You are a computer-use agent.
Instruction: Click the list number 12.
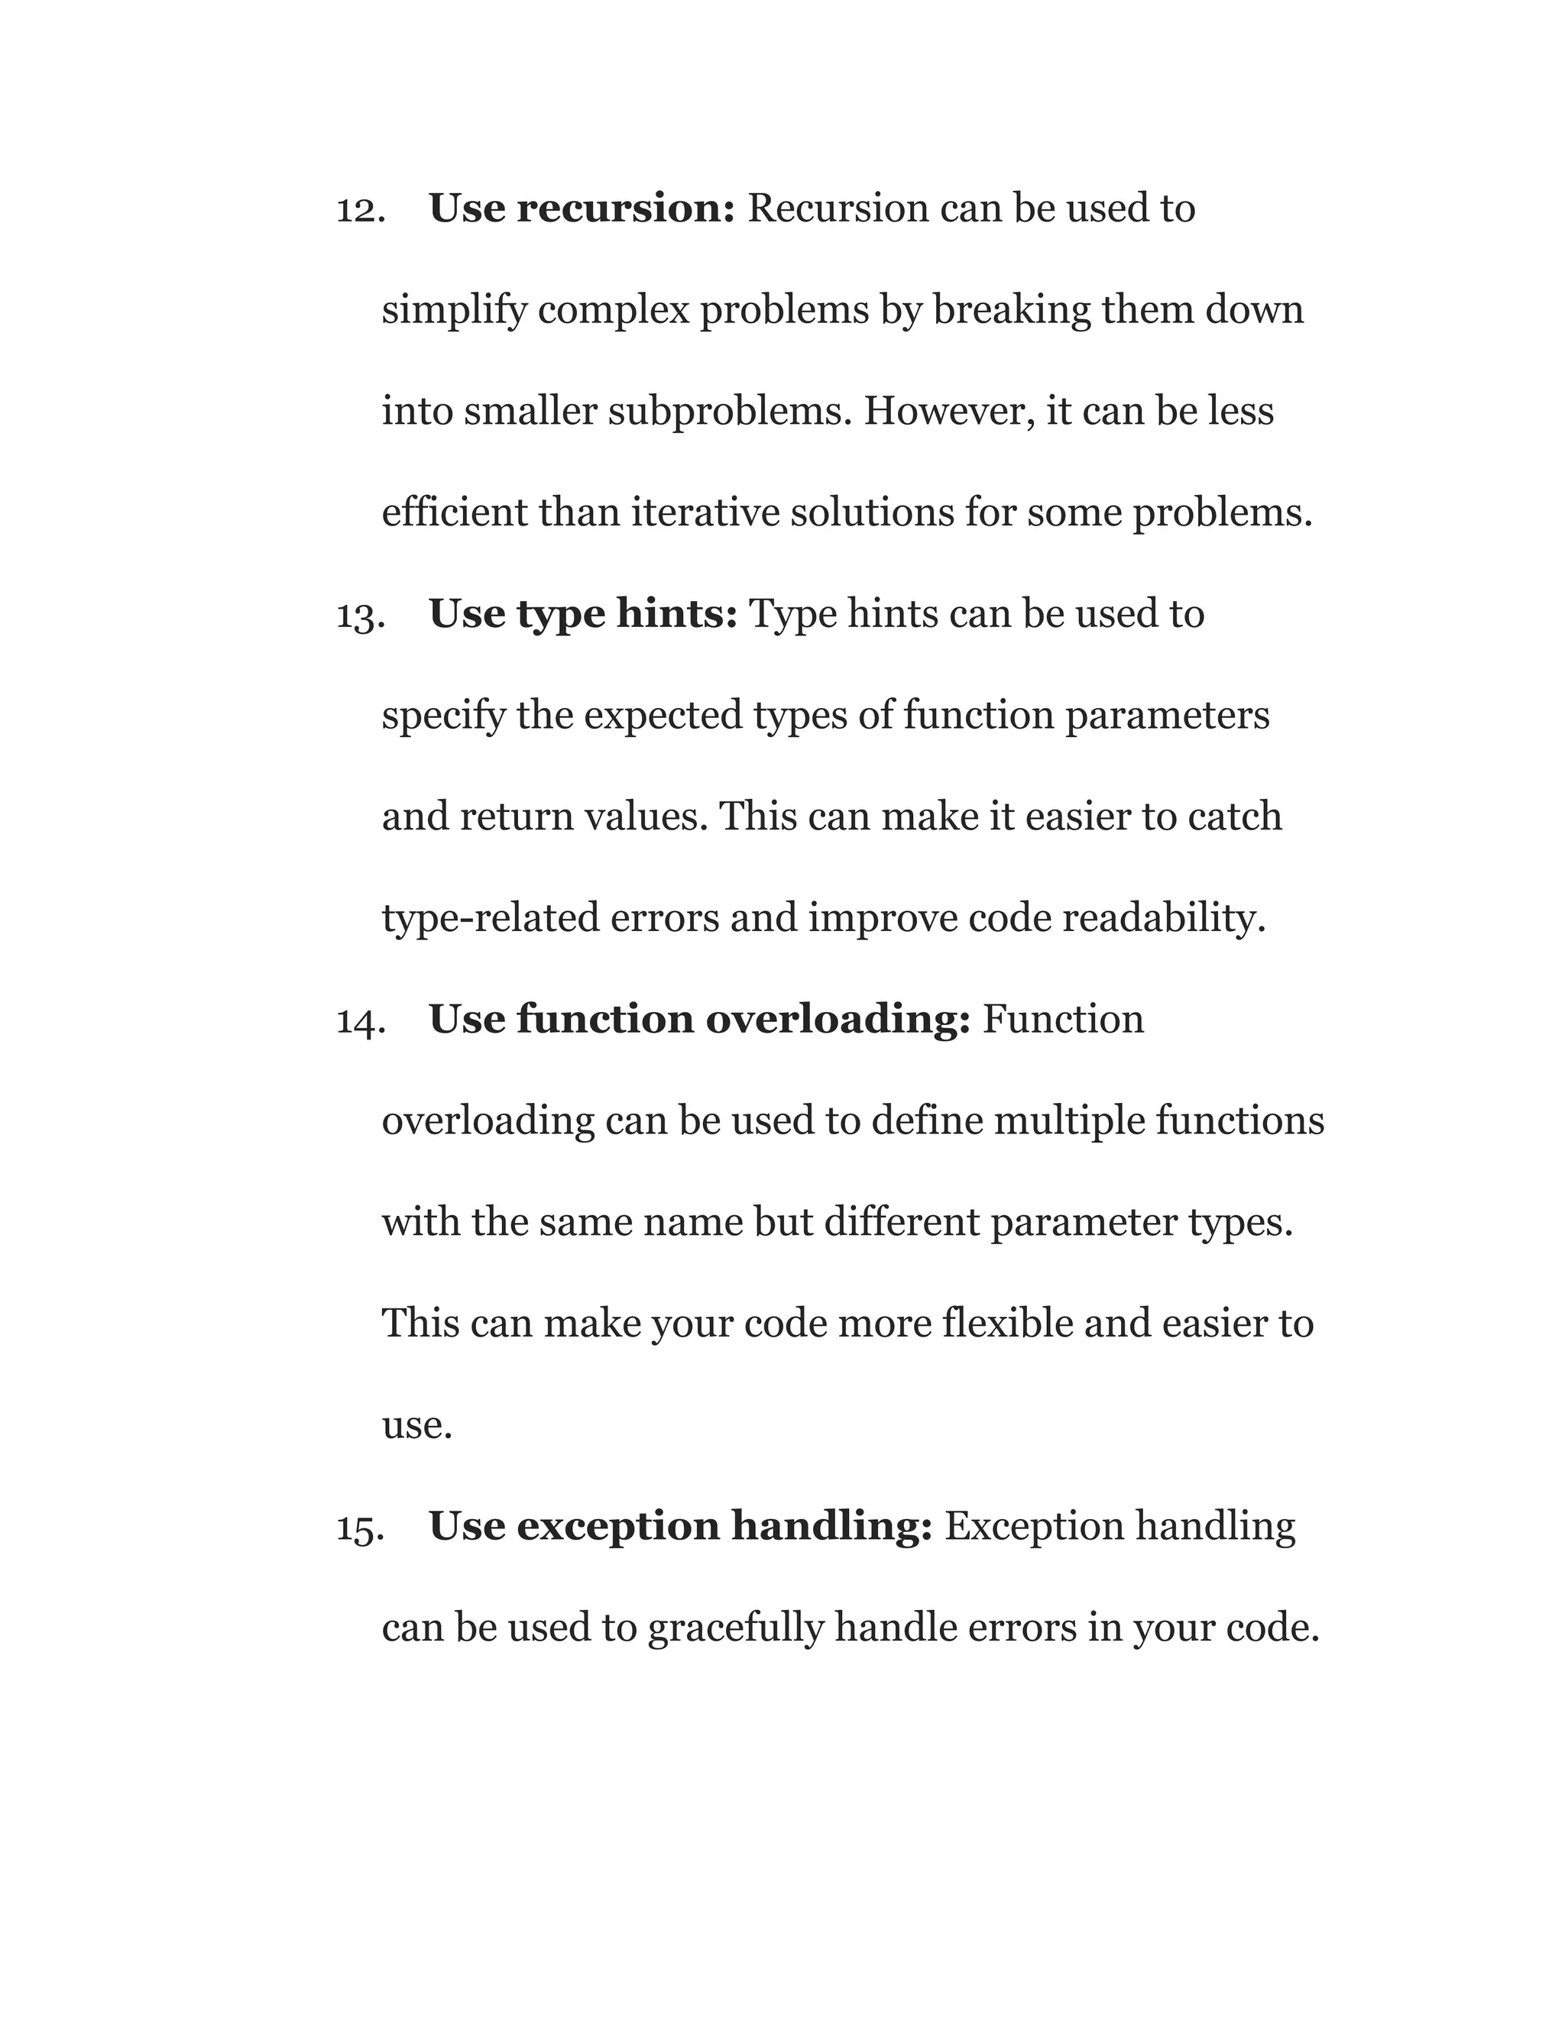[361, 210]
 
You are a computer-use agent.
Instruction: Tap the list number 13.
[361, 616]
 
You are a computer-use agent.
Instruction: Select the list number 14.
[361, 1021]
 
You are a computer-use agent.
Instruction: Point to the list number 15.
[361, 1528]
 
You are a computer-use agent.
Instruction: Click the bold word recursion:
[626, 209]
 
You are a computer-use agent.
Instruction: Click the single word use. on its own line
[417, 1425]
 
